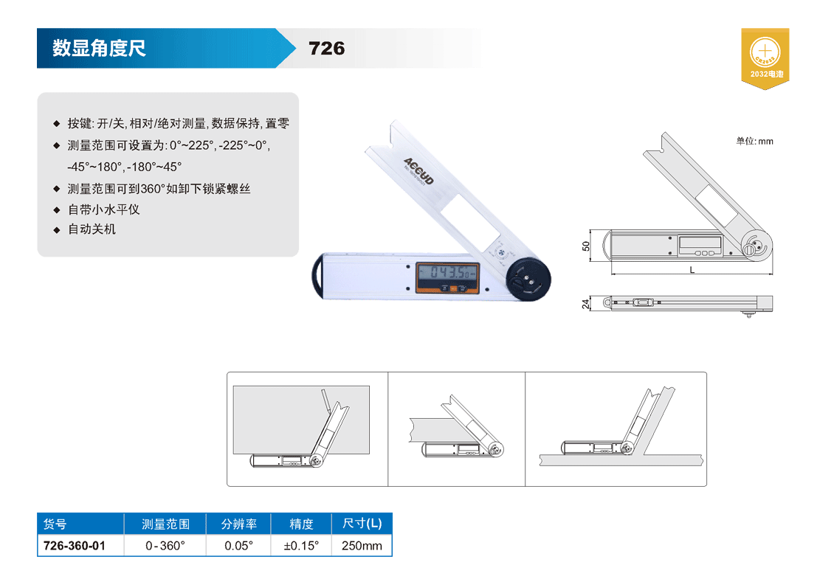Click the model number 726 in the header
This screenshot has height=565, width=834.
[x=326, y=49]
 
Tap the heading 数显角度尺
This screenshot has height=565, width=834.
[x=99, y=48]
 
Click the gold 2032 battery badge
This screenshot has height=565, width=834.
[x=765, y=58]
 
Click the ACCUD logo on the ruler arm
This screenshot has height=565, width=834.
[x=418, y=171]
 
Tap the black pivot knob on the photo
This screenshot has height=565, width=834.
[x=528, y=279]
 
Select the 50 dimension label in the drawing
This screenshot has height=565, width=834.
[x=585, y=246]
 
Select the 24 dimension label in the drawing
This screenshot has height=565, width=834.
[x=585, y=304]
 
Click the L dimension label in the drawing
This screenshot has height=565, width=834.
[x=692, y=270]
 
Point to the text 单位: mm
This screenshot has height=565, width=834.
[x=754, y=141]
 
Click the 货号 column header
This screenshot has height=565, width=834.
[x=55, y=524]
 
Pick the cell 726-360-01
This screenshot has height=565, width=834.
[x=75, y=545]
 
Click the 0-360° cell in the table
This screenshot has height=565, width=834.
[x=165, y=545]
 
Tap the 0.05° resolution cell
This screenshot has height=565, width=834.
[x=239, y=545]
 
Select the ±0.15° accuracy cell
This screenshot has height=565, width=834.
[x=301, y=545]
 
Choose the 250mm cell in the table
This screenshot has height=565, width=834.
[x=362, y=545]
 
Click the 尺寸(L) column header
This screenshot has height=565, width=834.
[x=362, y=524]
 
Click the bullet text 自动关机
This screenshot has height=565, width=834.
[x=92, y=229]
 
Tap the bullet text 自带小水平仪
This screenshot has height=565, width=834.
[x=104, y=209]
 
